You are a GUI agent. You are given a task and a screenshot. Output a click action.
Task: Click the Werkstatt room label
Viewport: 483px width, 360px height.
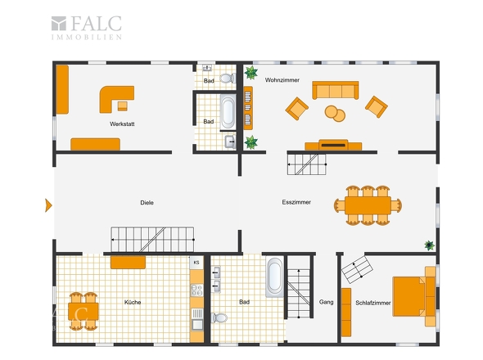(x=122, y=124)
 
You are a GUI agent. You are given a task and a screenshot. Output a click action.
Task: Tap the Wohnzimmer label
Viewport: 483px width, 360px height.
(x=282, y=80)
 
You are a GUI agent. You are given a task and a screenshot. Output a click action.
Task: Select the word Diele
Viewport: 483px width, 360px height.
(x=147, y=203)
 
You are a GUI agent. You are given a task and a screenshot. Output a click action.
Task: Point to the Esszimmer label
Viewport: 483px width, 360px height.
(x=296, y=202)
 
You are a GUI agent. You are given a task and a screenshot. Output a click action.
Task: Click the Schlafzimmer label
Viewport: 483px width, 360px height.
(x=373, y=303)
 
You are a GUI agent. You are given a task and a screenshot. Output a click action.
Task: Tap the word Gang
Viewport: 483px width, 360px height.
(x=326, y=302)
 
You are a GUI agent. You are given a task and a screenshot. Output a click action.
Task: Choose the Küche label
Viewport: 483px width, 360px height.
(x=133, y=302)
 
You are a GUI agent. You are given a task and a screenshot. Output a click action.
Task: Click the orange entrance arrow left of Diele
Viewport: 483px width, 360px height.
(x=48, y=205)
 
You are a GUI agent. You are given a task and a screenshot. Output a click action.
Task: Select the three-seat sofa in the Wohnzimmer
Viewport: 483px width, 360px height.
(x=336, y=90)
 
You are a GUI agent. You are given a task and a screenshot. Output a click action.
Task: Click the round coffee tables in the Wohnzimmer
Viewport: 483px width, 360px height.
(x=335, y=114)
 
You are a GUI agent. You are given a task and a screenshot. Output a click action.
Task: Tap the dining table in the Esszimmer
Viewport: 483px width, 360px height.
(x=368, y=205)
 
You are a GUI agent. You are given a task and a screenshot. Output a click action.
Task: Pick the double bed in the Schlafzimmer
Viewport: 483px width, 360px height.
(x=414, y=296)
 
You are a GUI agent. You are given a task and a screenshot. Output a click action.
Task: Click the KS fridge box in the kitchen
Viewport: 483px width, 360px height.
(x=196, y=263)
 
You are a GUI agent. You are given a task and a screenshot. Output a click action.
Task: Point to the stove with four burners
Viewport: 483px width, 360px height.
(x=196, y=290)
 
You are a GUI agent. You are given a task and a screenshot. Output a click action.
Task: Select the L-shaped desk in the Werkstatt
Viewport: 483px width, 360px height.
(x=116, y=99)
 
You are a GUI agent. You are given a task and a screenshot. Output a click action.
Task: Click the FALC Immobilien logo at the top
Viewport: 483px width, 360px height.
(x=87, y=28)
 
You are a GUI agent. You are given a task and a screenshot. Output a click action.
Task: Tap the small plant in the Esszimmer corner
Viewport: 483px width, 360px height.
(x=429, y=245)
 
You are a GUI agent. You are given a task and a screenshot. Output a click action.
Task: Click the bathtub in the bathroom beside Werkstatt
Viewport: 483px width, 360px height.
(x=228, y=111)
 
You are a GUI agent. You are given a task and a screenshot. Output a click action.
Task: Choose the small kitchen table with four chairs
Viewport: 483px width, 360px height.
(x=84, y=312)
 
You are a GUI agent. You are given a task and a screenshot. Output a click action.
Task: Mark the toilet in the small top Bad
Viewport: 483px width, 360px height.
(x=228, y=79)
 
